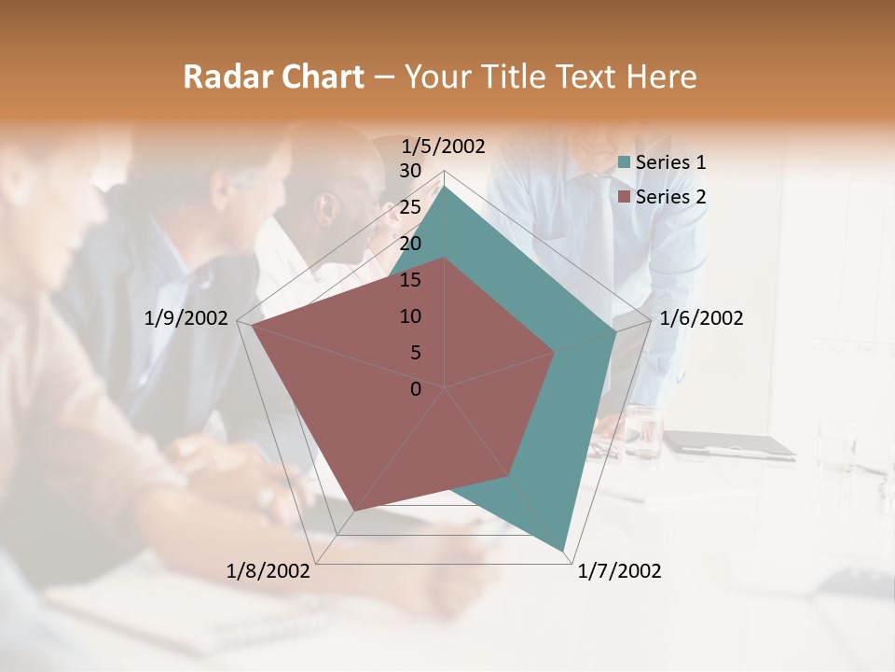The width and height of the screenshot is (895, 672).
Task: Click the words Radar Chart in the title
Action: [x=273, y=77]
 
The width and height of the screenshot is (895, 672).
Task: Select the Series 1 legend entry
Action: [x=670, y=162]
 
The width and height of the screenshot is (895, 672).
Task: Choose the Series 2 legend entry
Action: [x=670, y=197]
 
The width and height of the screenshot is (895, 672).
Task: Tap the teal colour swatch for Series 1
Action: [x=625, y=162]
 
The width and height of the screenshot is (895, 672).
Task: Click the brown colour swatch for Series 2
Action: [x=625, y=197]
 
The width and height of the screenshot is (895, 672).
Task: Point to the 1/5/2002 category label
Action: [x=443, y=146]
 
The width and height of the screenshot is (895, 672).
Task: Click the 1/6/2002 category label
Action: [x=701, y=318]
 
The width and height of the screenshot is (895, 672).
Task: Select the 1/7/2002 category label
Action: [x=619, y=571]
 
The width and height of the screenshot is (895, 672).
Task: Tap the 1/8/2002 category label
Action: [x=268, y=571]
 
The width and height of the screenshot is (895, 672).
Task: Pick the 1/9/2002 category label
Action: [x=186, y=318]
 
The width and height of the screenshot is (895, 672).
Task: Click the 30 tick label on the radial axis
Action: [x=410, y=171]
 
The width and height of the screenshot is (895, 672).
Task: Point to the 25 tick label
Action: [x=410, y=207]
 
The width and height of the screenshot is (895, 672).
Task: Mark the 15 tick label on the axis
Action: [x=410, y=280]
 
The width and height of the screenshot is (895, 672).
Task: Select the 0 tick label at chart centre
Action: [x=416, y=389]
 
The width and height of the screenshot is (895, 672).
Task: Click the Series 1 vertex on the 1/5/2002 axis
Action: [x=445, y=185]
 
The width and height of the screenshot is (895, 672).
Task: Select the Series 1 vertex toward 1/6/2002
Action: [x=615, y=332]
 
